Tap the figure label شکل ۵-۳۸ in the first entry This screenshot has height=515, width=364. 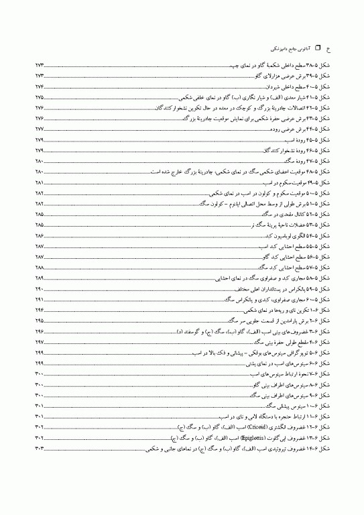pos(317,67)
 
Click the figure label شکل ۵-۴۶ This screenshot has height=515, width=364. pos(317,150)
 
